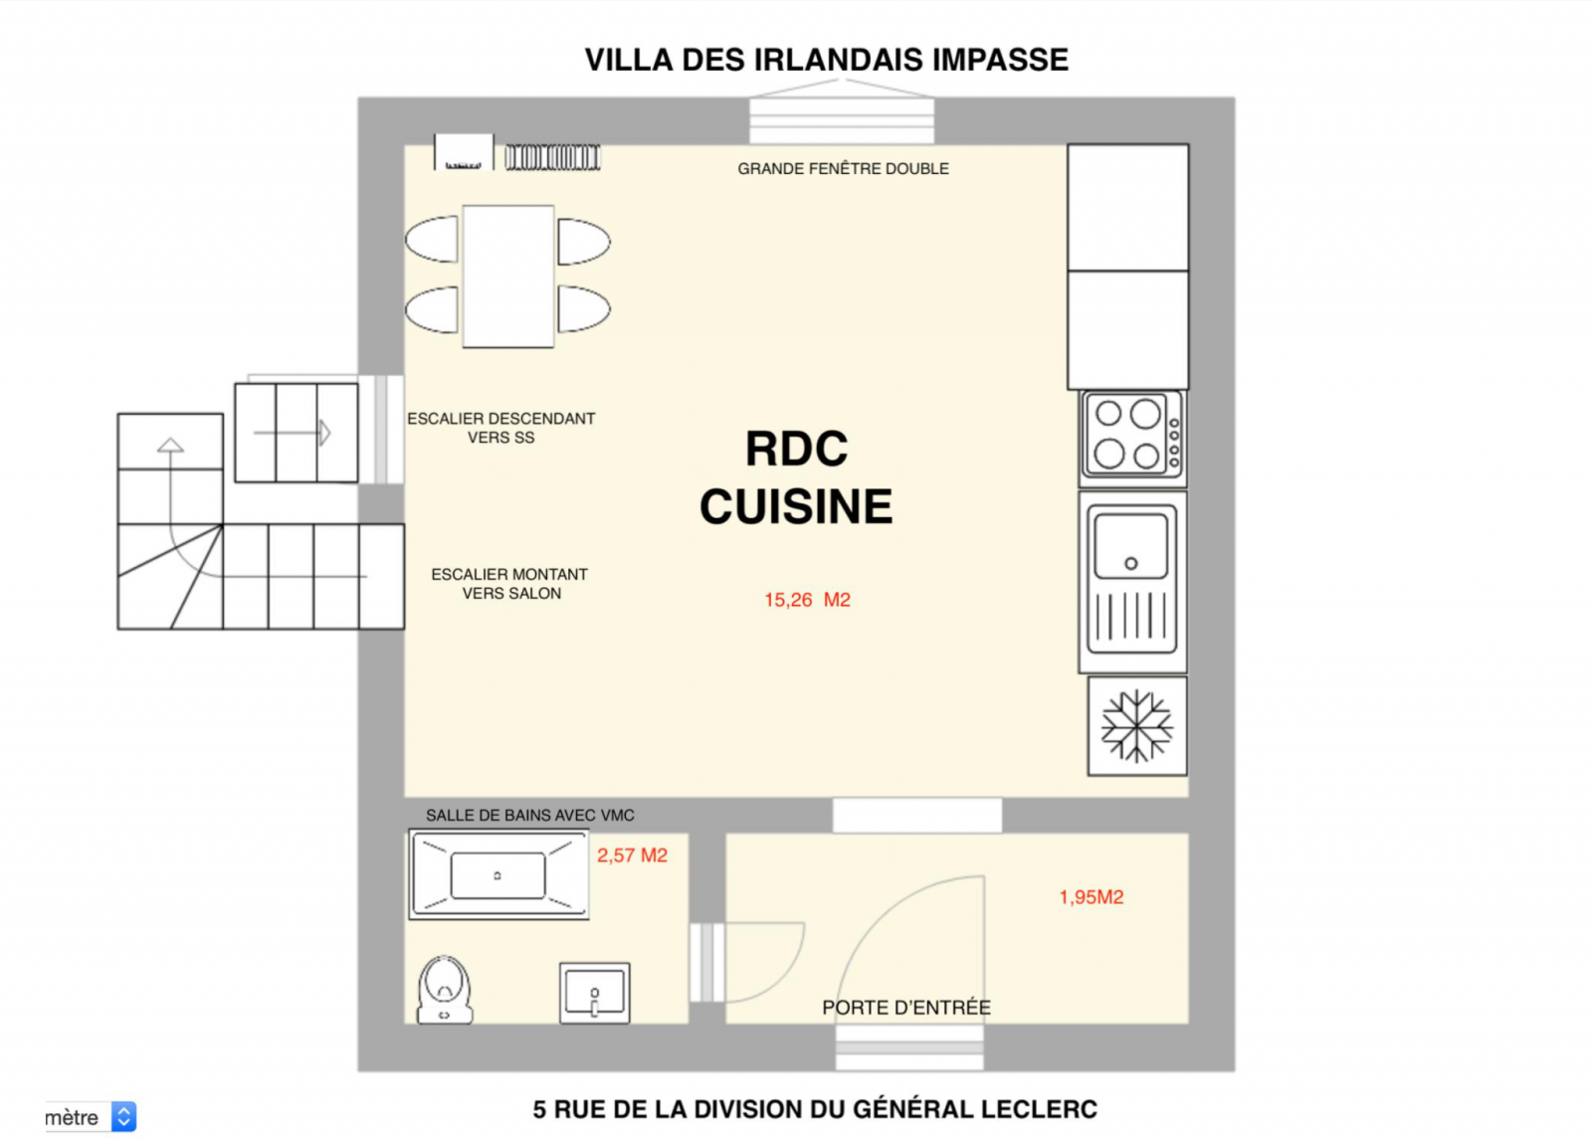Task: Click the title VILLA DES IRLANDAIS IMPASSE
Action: coord(826,60)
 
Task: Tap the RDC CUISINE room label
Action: coord(796,477)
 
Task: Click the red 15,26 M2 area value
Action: coord(807,600)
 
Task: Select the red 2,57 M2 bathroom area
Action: coord(632,855)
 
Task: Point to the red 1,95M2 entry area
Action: coord(1091,897)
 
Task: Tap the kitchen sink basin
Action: coord(1130,546)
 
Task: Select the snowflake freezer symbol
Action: coord(1136,726)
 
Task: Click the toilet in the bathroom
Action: coord(444,990)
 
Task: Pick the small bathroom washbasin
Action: coord(594,993)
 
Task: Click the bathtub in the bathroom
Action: coord(498,875)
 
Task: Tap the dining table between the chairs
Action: coord(508,277)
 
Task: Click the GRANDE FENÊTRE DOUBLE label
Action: coord(843,169)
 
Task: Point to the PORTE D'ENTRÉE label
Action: coord(905,1008)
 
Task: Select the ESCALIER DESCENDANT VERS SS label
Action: coord(500,428)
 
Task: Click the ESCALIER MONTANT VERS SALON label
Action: coord(509,584)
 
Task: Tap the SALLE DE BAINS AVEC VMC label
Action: coord(529,816)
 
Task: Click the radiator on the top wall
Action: coord(552,157)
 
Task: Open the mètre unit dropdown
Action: coord(123,1117)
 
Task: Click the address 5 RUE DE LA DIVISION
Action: coord(814,1109)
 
